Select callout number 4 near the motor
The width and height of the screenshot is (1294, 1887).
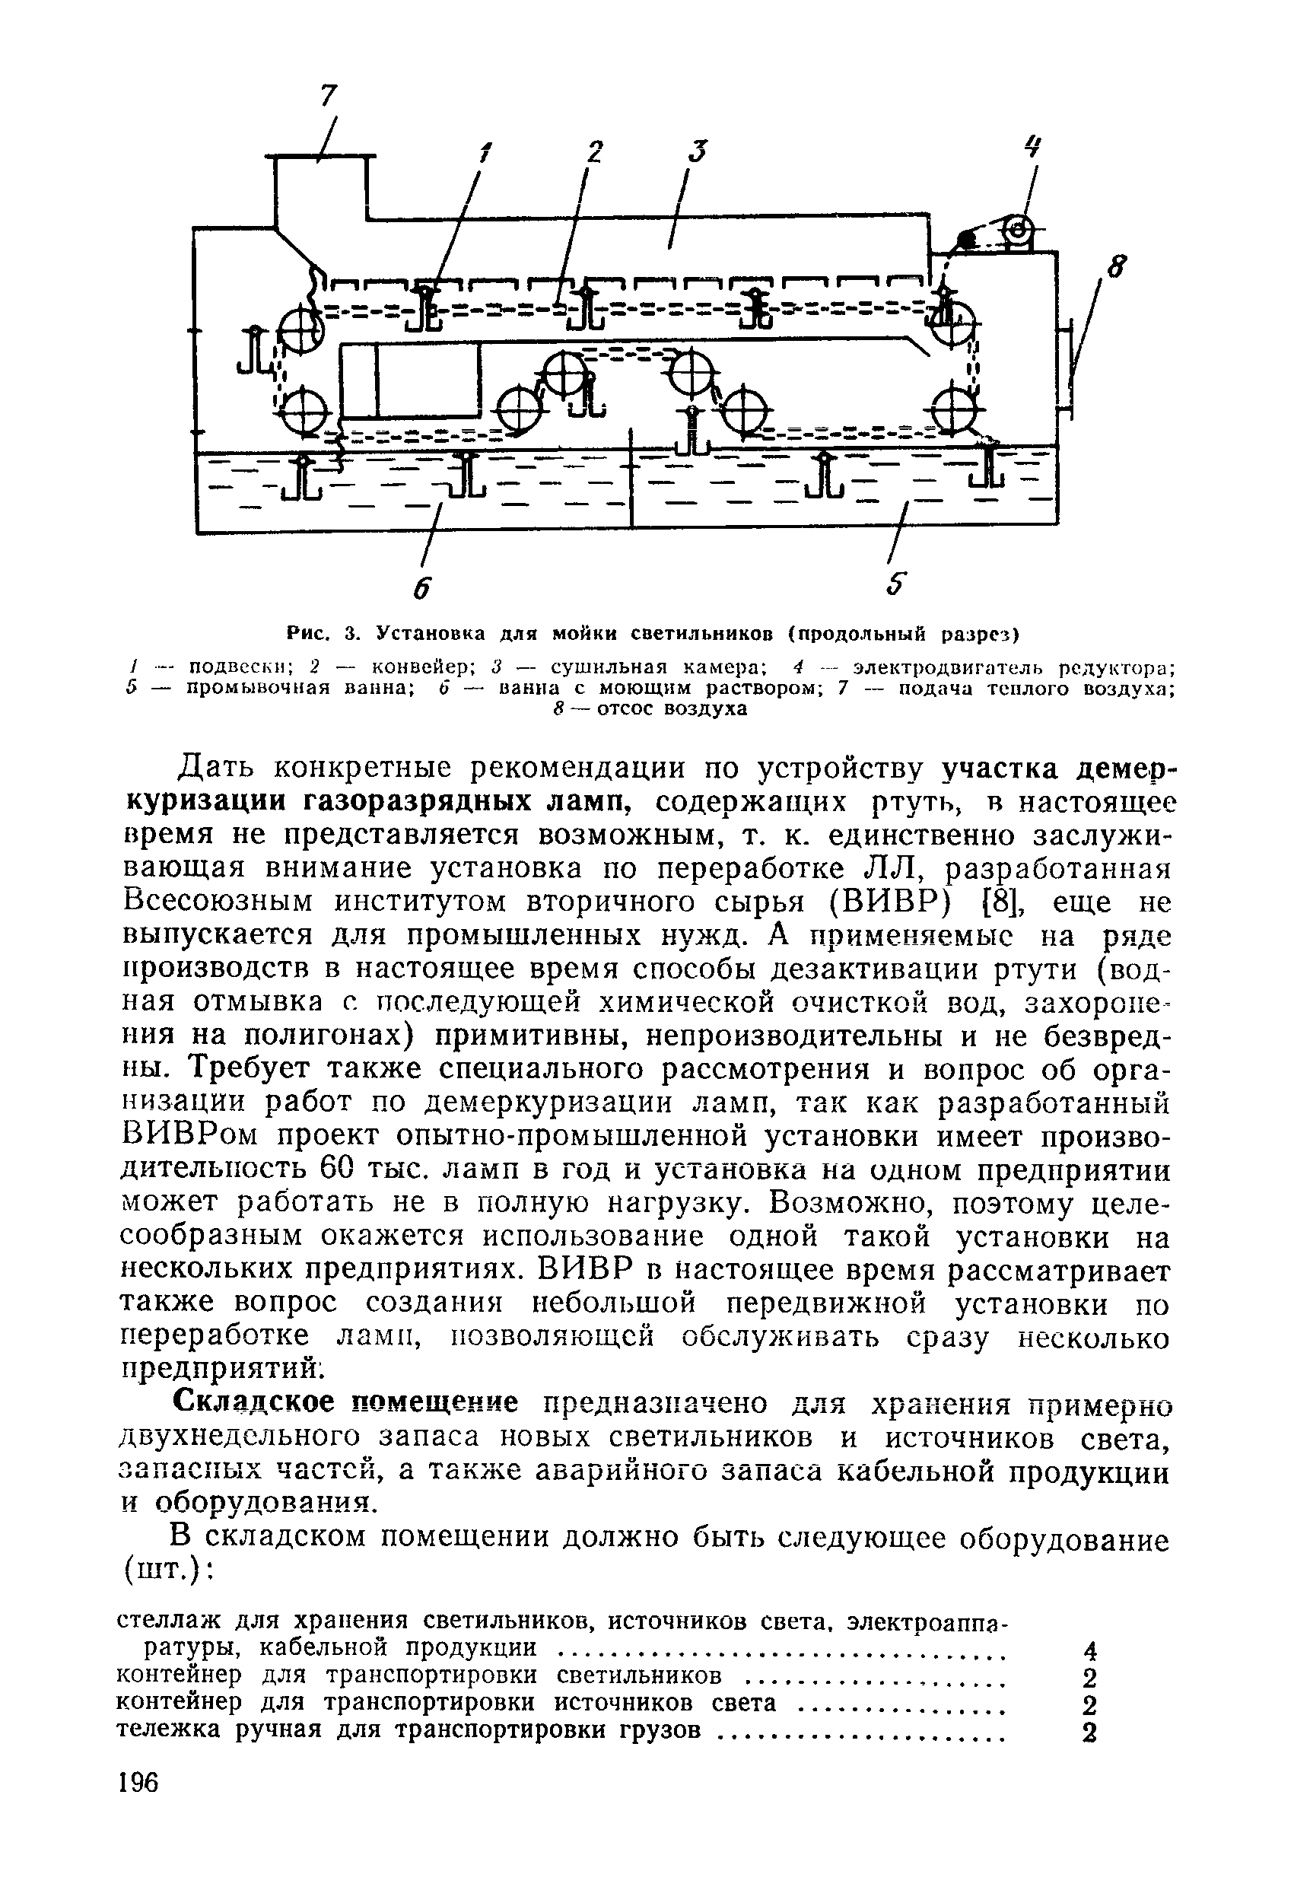coord(1032,147)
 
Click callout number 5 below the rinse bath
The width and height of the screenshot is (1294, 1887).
coord(895,584)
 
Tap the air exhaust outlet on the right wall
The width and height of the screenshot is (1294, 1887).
coord(1065,370)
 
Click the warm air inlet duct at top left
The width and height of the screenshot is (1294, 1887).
coord(323,186)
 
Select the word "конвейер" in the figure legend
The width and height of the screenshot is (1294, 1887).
coord(415,667)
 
